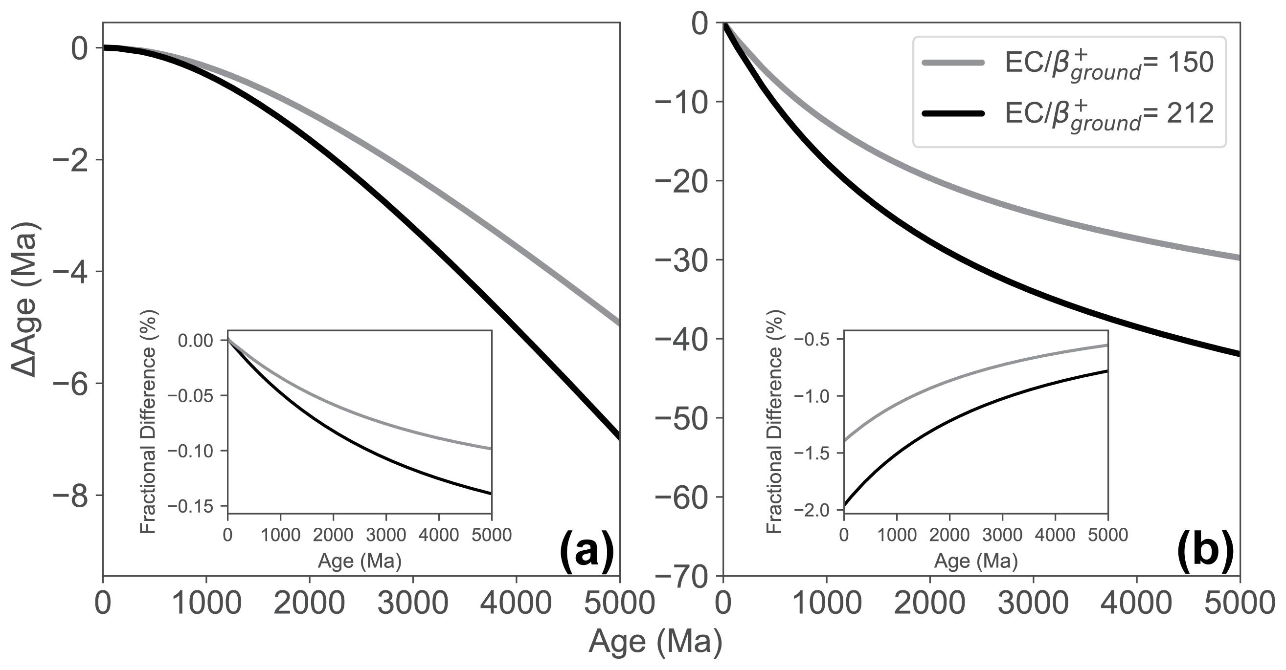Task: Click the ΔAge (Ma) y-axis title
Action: [25, 300]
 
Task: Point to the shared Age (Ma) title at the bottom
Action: [655, 642]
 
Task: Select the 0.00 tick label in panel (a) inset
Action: [196, 341]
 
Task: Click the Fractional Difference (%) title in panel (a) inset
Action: [149, 422]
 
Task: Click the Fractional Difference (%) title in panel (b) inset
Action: [775, 422]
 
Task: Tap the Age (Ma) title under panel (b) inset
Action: [976, 561]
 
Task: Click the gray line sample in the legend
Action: [953, 63]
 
